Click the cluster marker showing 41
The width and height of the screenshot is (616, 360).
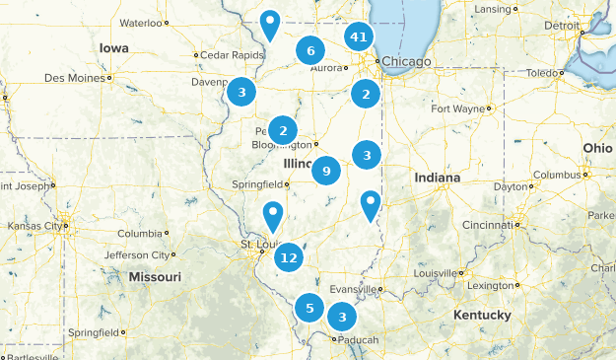(x=359, y=37)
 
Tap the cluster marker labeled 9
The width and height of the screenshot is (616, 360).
(x=325, y=171)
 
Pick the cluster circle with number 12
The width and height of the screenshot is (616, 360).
(x=288, y=258)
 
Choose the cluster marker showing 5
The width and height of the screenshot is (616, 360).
(x=309, y=308)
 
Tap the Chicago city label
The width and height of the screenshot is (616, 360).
(x=406, y=62)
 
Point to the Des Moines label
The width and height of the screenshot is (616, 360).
(x=75, y=77)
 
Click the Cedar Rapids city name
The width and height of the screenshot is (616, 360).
(x=235, y=55)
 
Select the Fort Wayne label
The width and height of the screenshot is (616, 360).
(x=457, y=108)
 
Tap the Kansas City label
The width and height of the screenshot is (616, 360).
(x=32, y=226)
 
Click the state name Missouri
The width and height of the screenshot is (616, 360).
(x=155, y=277)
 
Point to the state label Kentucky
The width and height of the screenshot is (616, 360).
(x=482, y=315)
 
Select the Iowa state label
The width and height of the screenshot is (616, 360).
(x=113, y=47)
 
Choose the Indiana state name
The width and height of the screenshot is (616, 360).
(x=437, y=178)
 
